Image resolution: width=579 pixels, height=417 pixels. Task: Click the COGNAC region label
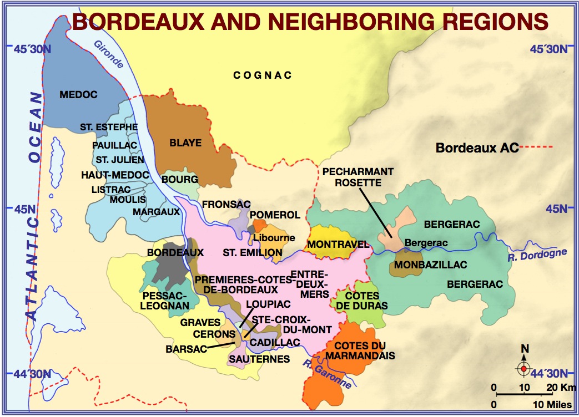(263, 75)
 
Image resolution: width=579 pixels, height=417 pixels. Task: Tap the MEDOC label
(78, 95)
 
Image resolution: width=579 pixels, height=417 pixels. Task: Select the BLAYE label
(185, 143)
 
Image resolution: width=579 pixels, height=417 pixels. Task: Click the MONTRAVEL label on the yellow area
(330, 244)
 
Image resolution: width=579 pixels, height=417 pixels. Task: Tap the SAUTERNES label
(259, 359)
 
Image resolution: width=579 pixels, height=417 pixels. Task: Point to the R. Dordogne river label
(537, 255)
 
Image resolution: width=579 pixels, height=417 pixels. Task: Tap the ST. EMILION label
(253, 253)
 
